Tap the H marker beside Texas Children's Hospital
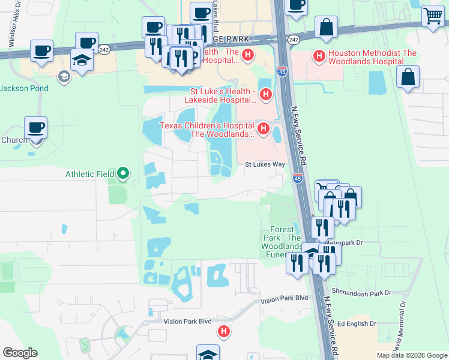pyautogui.click(x=262, y=128)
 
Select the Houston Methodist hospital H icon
pyautogui.click(x=319, y=57)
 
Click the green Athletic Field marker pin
pyautogui.click(x=123, y=174)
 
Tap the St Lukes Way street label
pyautogui.click(x=264, y=164)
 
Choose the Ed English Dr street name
pyautogui.click(x=357, y=323)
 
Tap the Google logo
pyautogui.click(x=20, y=352)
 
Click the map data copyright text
pyautogui.click(x=411, y=355)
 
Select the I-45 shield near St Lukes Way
pyautogui.click(x=298, y=178)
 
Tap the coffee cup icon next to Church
pyautogui.click(x=35, y=127)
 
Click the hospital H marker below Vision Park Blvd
pyautogui.click(x=223, y=331)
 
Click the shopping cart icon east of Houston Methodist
pyautogui.click(x=433, y=16)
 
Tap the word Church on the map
pyautogui.click(x=14, y=140)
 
